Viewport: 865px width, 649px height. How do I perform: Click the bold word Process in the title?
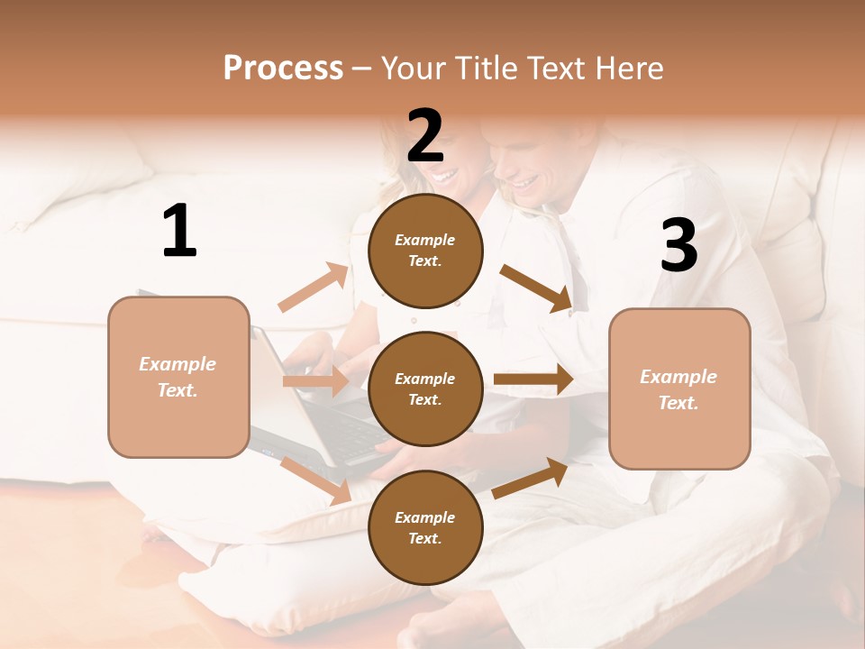[283, 69]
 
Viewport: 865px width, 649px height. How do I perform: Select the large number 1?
[179, 232]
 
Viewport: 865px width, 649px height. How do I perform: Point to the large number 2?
[425, 136]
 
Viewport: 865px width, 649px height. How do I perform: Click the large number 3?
[678, 246]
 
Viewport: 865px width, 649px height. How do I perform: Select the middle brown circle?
[425, 388]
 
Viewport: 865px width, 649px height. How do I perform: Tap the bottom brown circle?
[425, 527]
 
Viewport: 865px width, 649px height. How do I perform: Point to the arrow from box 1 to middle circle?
[314, 381]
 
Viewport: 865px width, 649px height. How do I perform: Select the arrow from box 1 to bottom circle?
[316, 480]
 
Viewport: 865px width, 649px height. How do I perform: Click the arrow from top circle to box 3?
[536, 288]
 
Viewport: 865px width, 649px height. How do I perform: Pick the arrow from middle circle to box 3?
[533, 379]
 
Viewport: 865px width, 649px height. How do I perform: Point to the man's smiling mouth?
[525, 183]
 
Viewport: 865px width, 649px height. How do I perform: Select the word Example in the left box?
[178, 364]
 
